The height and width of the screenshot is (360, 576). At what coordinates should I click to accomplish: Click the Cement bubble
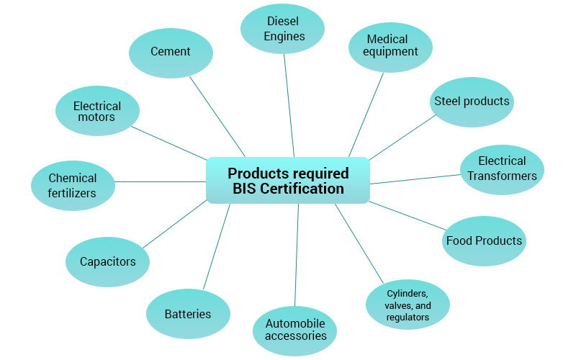pyautogui.click(x=171, y=52)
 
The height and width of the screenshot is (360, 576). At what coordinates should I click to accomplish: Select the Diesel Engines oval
pyautogui.click(x=282, y=29)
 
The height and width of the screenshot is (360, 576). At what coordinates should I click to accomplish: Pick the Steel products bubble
pyautogui.click(x=472, y=102)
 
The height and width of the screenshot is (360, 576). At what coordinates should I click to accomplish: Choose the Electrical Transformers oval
pyautogui.click(x=502, y=169)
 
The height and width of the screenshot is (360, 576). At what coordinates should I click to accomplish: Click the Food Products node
pyautogui.click(x=484, y=240)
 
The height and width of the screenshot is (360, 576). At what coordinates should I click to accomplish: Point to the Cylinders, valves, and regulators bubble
pyautogui.click(x=408, y=305)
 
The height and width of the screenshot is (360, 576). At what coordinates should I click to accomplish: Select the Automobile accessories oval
pyautogui.click(x=295, y=330)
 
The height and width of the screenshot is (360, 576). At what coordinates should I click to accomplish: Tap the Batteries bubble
pyautogui.click(x=188, y=314)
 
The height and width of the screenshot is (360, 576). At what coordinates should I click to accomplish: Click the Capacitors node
pyautogui.click(x=107, y=262)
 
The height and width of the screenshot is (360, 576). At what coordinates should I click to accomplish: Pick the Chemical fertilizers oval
pyautogui.click(x=73, y=186)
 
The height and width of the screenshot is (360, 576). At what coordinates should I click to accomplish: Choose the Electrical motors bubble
pyautogui.click(x=97, y=111)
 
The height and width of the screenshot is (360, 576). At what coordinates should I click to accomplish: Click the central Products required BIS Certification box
pyautogui.click(x=288, y=181)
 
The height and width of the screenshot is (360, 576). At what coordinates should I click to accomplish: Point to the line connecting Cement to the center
pyautogui.click(x=217, y=116)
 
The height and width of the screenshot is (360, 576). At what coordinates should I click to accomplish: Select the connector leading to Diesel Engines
pyautogui.click(x=289, y=105)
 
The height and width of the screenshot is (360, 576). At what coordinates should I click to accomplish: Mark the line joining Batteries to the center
pyautogui.click(x=217, y=246)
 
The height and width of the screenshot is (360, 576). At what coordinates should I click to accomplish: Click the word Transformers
pyautogui.click(x=502, y=176)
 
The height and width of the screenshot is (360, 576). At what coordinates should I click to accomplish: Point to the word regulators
pyautogui.click(x=408, y=317)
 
